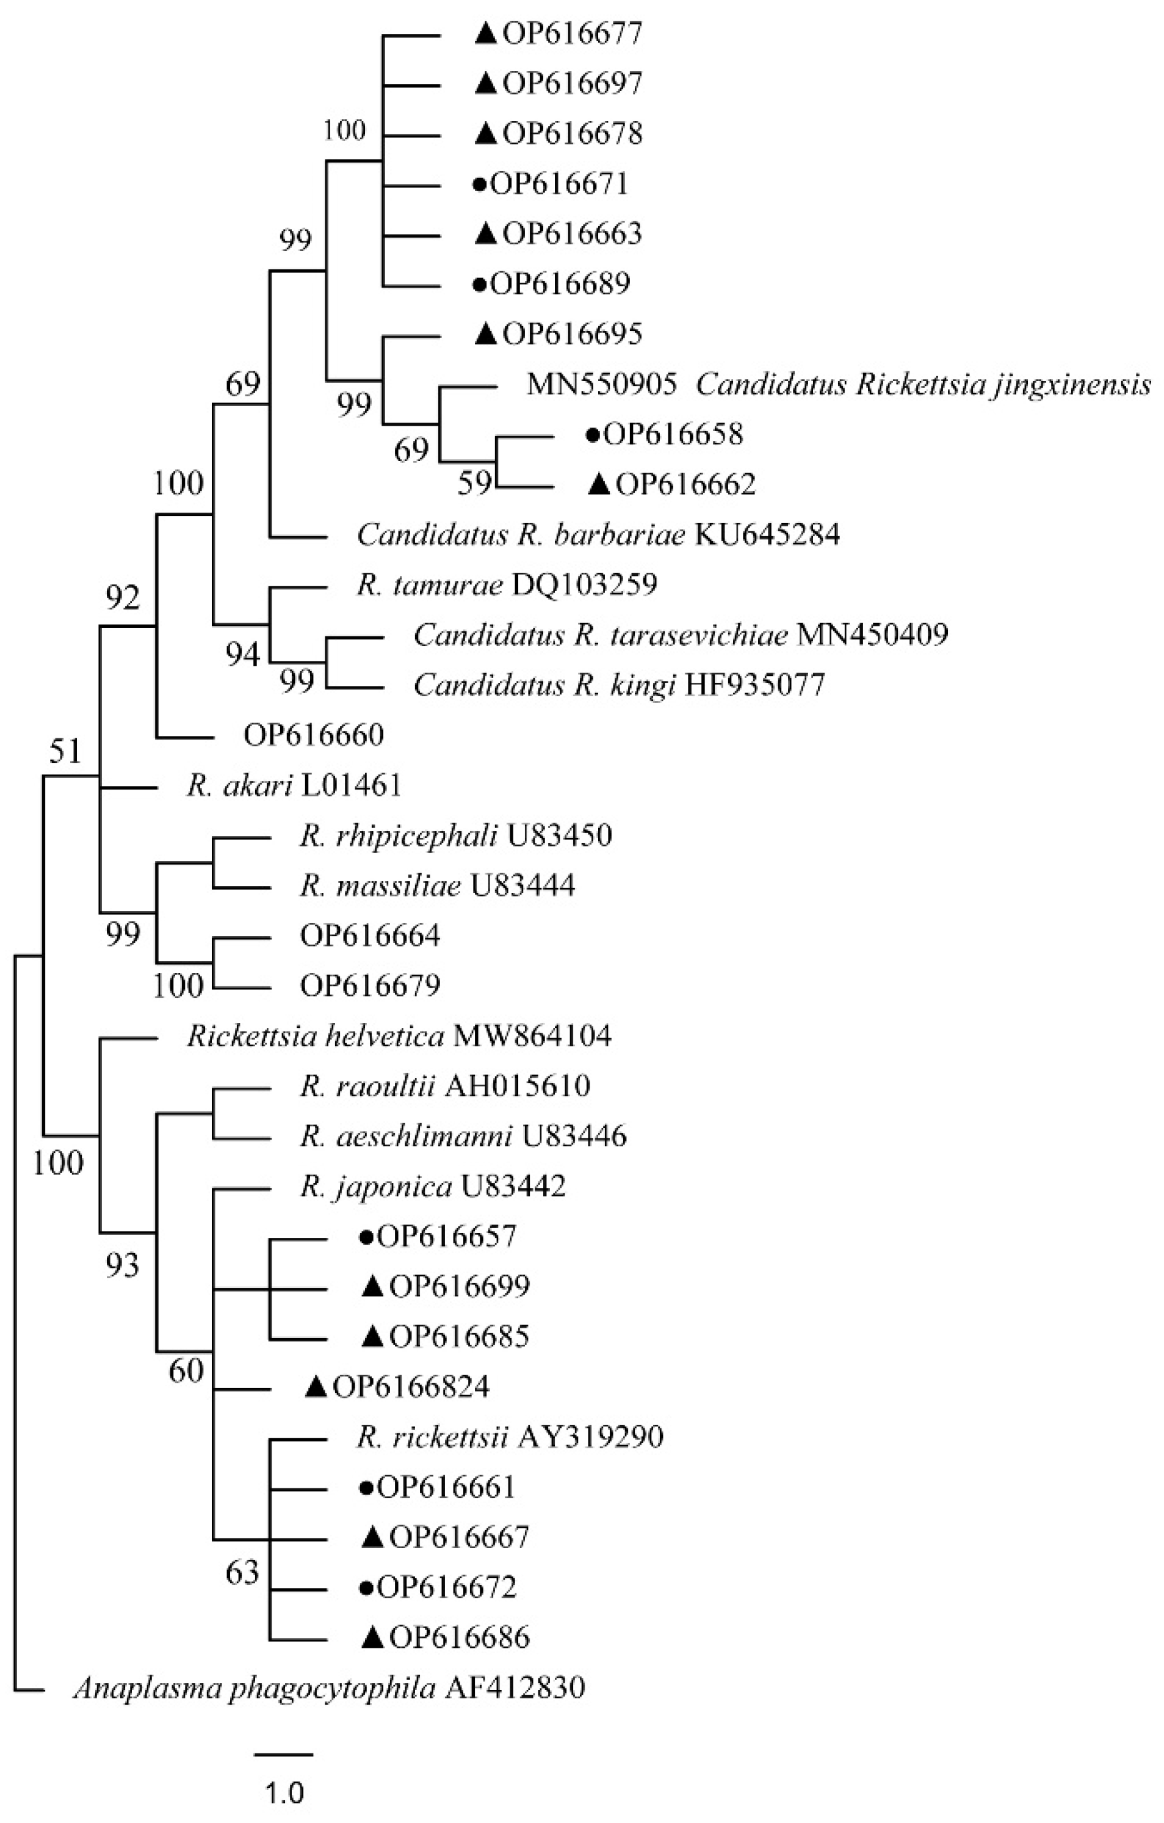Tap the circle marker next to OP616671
click(x=479, y=184)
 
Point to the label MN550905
click(x=602, y=385)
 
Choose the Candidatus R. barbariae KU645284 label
click(x=598, y=535)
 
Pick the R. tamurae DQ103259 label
click(x=507, y=584)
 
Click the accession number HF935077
click(x=754, y=685)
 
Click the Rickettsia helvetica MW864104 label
click(x=399, y=1035)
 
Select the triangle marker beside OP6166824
click(x=316, y=1387)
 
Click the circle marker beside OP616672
click(x=366, y=1587)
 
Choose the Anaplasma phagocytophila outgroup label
click(x=328, y=1687)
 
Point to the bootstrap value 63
click(x=242, y=1573)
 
